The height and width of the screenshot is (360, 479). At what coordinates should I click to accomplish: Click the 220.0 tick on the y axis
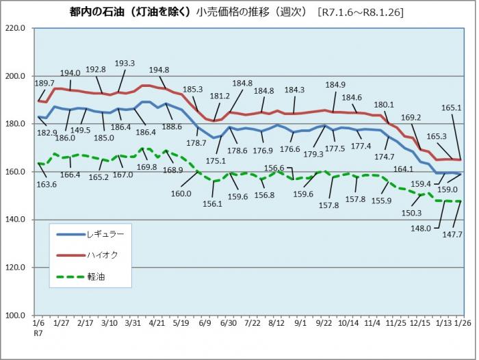click(14, 28)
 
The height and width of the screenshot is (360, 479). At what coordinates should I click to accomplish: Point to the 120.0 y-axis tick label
click(14, 268)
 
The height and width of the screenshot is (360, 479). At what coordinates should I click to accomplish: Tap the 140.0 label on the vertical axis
click(14, 220)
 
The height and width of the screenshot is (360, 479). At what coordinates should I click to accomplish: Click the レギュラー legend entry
click(106, 234)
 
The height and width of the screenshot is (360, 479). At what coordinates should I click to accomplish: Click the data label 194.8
click(159, 69)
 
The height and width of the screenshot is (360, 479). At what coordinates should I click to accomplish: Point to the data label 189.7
click(42, 83)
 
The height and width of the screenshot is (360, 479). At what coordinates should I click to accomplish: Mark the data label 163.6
click(47, 184)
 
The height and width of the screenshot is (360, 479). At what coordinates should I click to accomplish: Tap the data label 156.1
click(213, 203)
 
